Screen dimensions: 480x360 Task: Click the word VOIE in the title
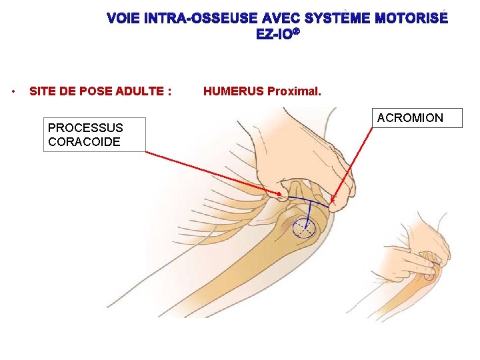tap(125, 19)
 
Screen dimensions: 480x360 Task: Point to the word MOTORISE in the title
tap(411, 19)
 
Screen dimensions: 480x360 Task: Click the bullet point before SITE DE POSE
tap(14, 91)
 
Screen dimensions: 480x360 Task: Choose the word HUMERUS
tap(233, 91)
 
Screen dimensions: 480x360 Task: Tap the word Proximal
tap(294, 91)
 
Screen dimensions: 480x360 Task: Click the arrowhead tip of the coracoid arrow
tap(282, 195)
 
